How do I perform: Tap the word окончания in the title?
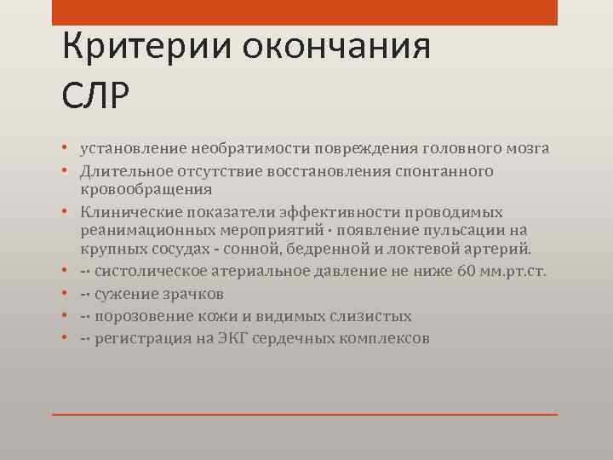pos(336,47)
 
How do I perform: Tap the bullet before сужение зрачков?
pos(66,295)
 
